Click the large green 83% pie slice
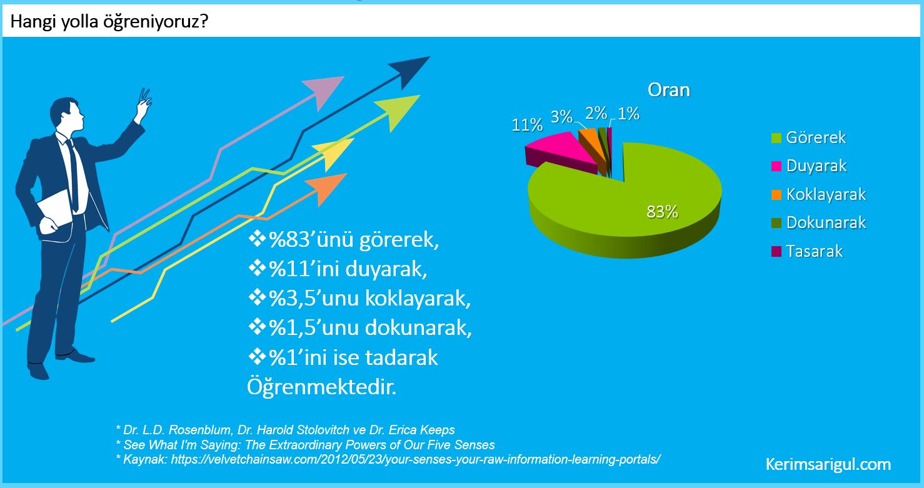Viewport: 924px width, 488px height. point(643,206)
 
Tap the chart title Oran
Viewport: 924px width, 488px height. point(669,90)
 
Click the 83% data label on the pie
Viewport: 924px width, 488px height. point(662,212)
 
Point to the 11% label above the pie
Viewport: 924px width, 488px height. point(527,125)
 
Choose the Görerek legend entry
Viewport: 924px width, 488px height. point(808,137)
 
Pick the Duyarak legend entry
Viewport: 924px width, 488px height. point(809,166)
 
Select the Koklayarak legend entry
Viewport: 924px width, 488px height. point(818,194)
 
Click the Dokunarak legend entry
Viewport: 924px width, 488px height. point(818,222)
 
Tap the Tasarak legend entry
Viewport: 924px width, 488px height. point(807,251)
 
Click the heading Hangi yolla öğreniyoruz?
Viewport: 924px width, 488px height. point(109,21)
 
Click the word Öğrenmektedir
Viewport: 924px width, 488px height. point(322,387)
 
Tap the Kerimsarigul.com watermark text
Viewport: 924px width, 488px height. point(828,464)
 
